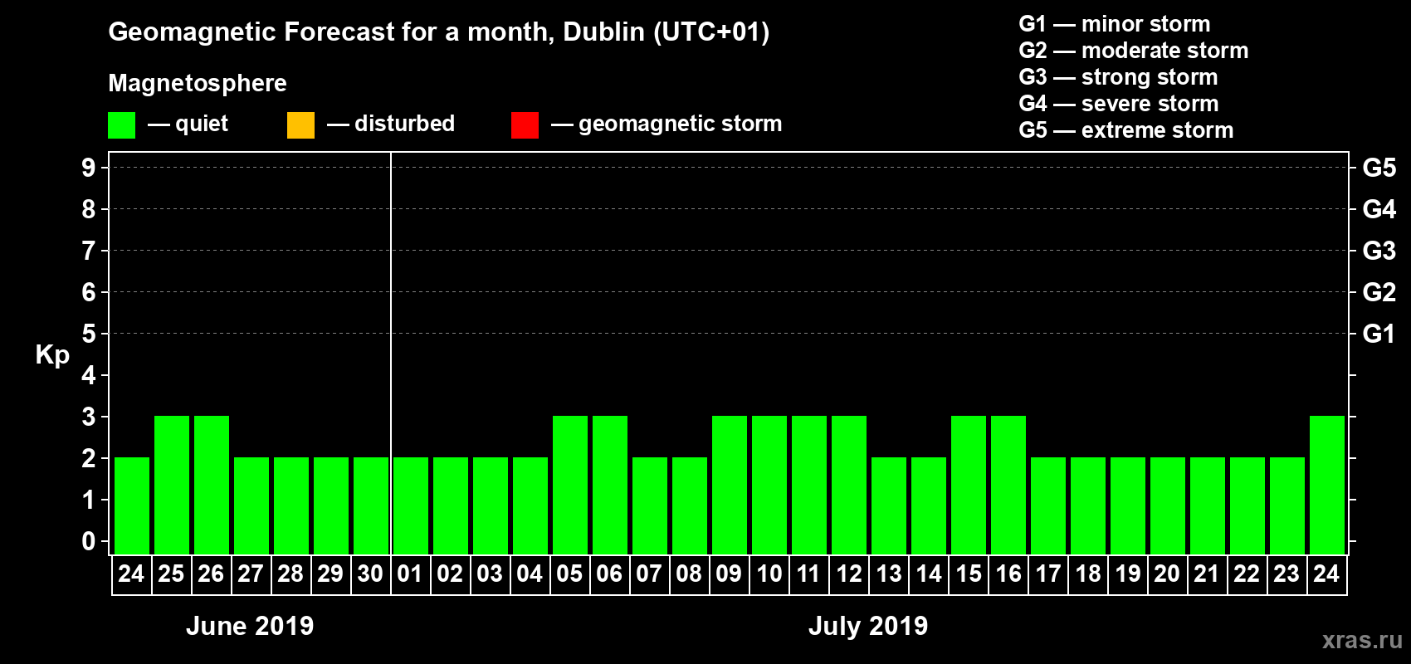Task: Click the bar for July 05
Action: click(570, 485)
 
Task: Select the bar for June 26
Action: click(212, 485)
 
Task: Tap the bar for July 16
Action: click(1008, 485)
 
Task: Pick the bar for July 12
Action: click(849, 485)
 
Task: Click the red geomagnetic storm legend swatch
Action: click(525, 125)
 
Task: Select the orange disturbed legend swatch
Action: click(300, 125)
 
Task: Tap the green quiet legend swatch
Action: click(121, 125)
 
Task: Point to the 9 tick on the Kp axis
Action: click(89, 168)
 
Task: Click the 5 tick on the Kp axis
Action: click(89, 334)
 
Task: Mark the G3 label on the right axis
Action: click(1379, 251)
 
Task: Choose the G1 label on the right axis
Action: click(1379, 334)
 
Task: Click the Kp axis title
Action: click(52, 355)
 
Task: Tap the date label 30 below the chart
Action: click(370, 574)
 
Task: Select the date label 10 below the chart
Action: click(769, 574)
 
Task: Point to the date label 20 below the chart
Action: click(1167, 574)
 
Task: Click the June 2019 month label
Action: click(250, 626)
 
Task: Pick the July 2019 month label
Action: click(868, 626)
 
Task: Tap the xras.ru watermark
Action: click(1362, 640)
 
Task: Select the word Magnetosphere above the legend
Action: click(198, 83)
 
